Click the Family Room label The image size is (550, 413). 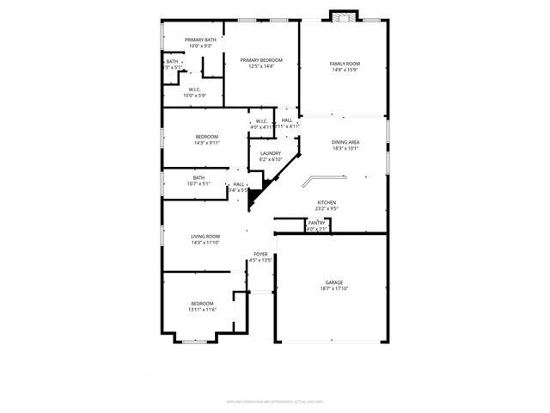tap(345, 64)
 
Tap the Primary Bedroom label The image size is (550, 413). tap(261, 60)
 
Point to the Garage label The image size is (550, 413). tap(334, 282)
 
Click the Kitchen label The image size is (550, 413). tap(327, 202)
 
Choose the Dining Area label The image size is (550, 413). tap(345, 142)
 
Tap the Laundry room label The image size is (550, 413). tap(271, 153)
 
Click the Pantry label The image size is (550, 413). tap(316, 223)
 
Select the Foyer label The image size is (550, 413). tap(260, 254)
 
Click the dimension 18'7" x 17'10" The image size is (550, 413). tap(334, 289)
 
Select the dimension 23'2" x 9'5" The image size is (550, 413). tap(327, 208)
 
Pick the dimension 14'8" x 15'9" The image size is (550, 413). tap(345, 70)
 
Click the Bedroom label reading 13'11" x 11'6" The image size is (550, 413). tap(202, 304)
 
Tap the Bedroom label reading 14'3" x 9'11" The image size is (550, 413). tap(206, 137)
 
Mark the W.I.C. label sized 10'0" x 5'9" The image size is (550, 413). tap(195, 89)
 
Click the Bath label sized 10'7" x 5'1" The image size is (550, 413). tap(199, 177)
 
